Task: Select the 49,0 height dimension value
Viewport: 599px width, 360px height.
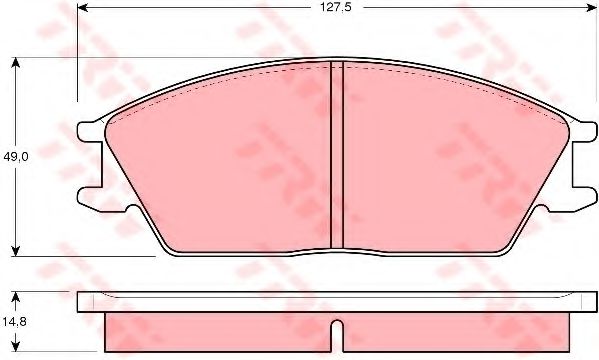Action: click(x=15, y=156)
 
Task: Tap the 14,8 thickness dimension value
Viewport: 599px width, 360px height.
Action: click(x=15, y=322)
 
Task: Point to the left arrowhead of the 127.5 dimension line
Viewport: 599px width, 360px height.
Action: click(x=81, y=7)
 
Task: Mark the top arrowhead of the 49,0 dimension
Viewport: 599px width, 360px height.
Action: click(x=16, y=62)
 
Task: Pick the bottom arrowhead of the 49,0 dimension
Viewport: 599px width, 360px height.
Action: click(x=16, y=250)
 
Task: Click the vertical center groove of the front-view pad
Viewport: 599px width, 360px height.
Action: click(x=336, y=155)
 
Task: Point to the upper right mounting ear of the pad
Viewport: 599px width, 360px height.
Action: click(x=581, y=130)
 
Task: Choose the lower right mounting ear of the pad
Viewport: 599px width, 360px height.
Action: click(x=581, y=199)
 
